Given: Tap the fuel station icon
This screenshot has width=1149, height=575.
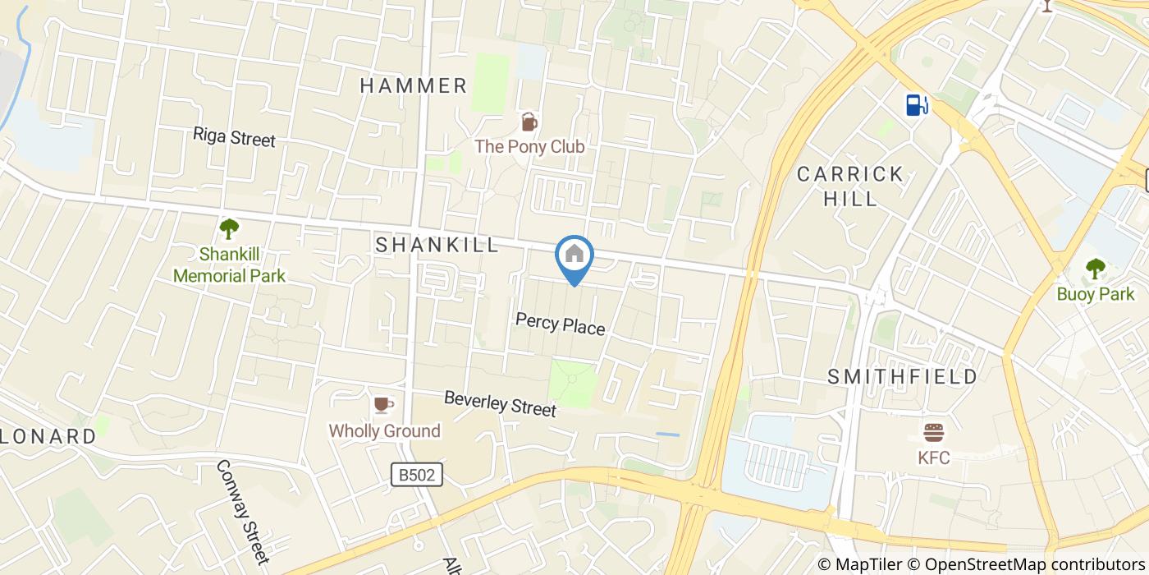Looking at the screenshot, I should [x=917, y=104].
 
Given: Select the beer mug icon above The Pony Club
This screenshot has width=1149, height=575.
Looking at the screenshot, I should [x=529, y=122].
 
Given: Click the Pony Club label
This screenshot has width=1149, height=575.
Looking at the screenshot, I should [x=529, y=147].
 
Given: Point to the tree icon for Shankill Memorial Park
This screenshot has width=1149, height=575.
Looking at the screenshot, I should [x=229, y=228].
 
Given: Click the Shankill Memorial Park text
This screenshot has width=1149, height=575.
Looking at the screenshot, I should [x=229, y=264].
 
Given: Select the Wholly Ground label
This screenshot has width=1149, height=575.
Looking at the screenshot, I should [x=384, y=430].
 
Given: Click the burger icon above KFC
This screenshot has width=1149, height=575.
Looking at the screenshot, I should [x=934, y=432].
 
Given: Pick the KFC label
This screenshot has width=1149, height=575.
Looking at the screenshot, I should [x=933, y=458].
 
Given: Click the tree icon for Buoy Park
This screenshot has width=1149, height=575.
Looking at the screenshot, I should [x=1095, y=268].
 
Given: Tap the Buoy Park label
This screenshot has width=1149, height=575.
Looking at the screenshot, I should [x=1095, y=294].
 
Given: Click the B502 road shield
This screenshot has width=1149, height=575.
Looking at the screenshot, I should [x=416, y=474].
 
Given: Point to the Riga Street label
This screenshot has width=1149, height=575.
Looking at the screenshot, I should [x=234, y=137].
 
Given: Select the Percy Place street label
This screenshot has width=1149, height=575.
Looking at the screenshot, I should [x=560, y=324].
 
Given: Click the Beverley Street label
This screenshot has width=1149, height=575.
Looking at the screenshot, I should [x=500, y=403].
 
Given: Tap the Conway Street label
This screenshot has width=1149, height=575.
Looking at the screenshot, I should [x=242, y=512].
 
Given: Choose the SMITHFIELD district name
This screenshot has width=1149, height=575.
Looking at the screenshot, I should [x=902, y=377].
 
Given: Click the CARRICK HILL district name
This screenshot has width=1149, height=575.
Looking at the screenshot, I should [x=850, y=186].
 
